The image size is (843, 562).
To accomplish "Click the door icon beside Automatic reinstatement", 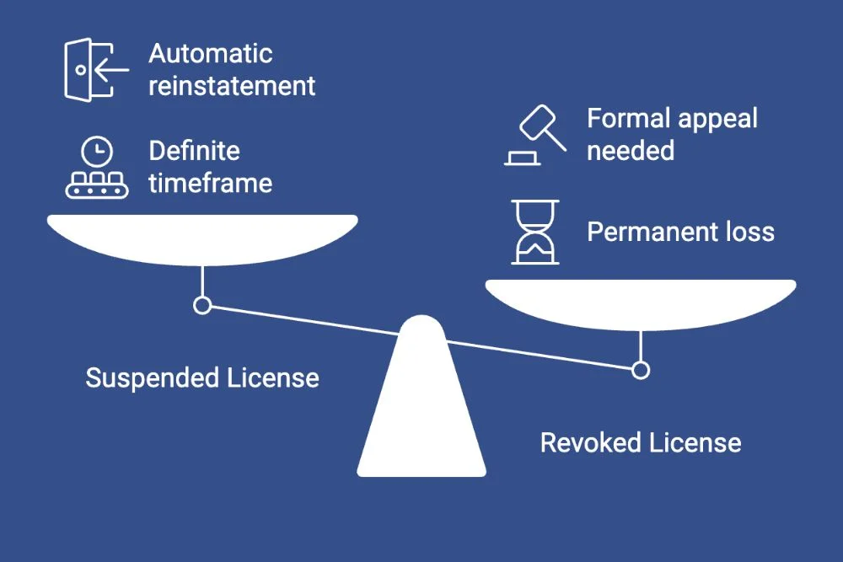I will click(x=93, y=69).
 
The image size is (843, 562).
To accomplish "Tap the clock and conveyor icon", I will click(x=98, y=169).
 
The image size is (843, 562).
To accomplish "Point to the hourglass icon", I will click(x=535, y=232).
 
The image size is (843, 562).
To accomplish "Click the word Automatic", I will click(x=211, y=54).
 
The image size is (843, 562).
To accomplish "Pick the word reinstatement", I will click(x=232, y=85).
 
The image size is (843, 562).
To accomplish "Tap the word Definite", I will click(x=195, y=152).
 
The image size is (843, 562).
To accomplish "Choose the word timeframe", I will click(x=211, y=183).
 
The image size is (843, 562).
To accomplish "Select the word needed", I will click(x=631, y=151).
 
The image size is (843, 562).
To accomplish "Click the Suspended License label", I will click(x=202, y=377).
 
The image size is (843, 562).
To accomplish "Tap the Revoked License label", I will click(x=641, y=442).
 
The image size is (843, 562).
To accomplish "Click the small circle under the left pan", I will click(x=202, y=305).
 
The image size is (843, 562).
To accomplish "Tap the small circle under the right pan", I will click(x=641, y=370).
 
